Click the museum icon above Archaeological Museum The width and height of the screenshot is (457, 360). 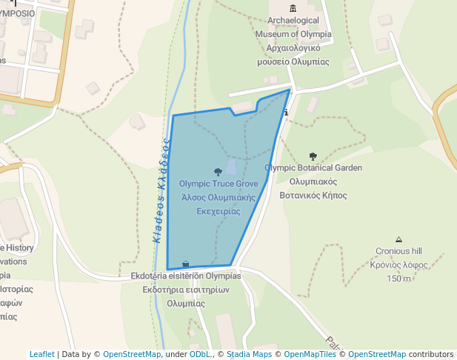pyautogui.click(x=293, y=8)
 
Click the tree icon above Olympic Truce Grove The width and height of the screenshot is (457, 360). pyautogui.click(x=218, y=171)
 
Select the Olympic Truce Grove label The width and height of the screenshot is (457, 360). pyautogui.click(x=218, y=184)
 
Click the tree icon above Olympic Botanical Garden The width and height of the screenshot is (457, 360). pyautogui.click(x=313, y=156)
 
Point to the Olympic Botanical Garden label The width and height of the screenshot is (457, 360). pyautogui.click(x=313, y=168)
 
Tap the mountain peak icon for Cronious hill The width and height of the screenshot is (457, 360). pyautogui.click(x=398, y=239)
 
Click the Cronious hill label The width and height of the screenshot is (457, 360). pyautogui.click(x=398, y=251)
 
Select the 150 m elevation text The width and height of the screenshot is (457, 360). pyautogui.click(x=398, y=279)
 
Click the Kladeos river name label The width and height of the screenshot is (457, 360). pyautogui.click(x=159, y=192)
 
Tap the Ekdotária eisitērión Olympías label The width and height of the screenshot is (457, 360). pyautogui.click(x=185, y=276)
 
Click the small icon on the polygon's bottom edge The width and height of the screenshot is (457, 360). pyautogui.click(x=185, y=263)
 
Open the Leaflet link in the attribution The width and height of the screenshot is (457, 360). pyautogui.click(x=42, y=354)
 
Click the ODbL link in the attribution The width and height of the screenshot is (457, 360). pyautogui.click(x=200, y=354)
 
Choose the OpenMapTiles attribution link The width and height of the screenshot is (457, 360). pyautogui.click(x=310, y=354)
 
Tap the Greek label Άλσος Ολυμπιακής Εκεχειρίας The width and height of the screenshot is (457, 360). pyautogui.click(x=218, y=204)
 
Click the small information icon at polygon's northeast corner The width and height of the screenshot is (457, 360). pyautogui.click(x=286, y=113)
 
